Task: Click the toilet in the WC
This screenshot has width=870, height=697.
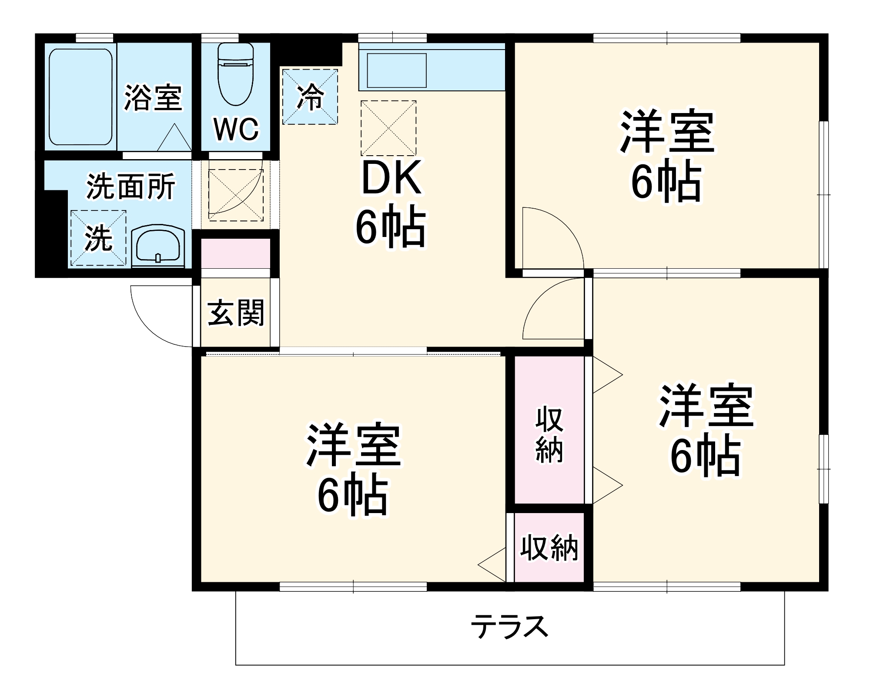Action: tap(235, 74)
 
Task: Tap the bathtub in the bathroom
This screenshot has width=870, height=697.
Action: tap(80, 97)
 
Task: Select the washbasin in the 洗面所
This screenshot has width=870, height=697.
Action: tap(158, 247)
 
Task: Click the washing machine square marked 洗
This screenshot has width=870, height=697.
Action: tap(98, 238)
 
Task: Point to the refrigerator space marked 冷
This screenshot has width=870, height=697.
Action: tap(310, 97)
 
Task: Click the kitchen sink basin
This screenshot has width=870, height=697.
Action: tap(396, 70)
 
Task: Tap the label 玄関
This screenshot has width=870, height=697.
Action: tap(235, 313)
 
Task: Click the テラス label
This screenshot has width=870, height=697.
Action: tap(509, 627)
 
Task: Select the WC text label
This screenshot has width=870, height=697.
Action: tap(236, 129)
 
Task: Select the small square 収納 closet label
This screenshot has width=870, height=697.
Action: tap(549, 548)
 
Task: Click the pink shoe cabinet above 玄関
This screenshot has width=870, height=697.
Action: tap(235, 253)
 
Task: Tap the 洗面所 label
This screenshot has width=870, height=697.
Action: tap(130, 187)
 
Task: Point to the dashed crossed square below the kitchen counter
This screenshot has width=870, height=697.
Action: tap(388, 128)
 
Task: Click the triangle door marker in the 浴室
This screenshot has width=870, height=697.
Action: tap(174, 139)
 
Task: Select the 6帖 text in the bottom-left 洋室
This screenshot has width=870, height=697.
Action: tap(352, 496)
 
